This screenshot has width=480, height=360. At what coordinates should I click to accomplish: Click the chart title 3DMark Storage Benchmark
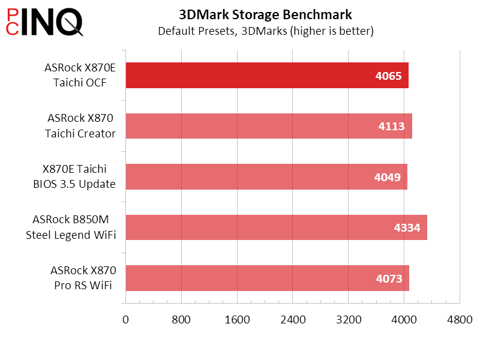click(265, 14)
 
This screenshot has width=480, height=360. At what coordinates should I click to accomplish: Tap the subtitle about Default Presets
click(265, 31)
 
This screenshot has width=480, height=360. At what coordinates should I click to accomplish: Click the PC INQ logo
click(44, 23)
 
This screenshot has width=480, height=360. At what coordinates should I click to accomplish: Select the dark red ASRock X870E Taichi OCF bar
click(266, 76)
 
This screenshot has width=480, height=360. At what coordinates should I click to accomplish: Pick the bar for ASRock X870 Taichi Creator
click(268, 126)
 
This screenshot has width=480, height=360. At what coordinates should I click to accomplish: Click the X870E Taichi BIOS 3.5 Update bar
click(266, 176)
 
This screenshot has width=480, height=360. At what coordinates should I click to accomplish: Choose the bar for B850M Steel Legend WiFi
click(276, 227)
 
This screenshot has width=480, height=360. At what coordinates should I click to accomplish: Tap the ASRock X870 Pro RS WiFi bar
click(267, 278)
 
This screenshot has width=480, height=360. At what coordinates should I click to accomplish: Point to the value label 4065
click(389, 76)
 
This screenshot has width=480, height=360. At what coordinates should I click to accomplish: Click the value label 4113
click(392, 127)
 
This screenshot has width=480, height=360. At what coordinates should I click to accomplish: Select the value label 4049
click(388, 177)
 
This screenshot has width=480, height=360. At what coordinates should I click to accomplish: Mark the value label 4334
click(407, 227)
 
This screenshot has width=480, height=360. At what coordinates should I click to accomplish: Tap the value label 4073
click(389, 278)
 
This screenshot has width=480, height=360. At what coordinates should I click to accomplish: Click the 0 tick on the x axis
click(125, 320)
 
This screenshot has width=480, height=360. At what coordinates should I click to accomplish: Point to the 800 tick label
click(181, 320)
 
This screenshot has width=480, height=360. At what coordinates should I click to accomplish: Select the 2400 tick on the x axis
click(293, 320)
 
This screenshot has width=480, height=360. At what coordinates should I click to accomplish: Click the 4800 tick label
click(460, 320)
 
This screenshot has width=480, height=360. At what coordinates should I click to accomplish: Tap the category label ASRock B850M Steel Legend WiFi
click(71, 227)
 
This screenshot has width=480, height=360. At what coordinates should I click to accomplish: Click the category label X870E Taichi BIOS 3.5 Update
click(74, 176)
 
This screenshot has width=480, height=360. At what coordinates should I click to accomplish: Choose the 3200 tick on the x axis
click(349, 320)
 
